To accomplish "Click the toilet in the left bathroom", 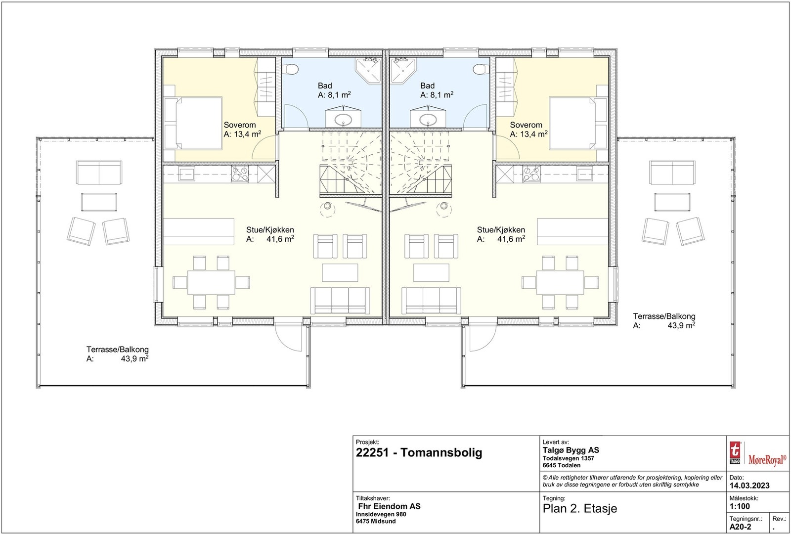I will point(292,69).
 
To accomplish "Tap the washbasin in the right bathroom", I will point(428,119).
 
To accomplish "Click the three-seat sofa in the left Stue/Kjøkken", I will point(340,300).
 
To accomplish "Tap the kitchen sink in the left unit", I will point(188,174).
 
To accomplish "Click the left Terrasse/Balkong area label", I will point(117,350).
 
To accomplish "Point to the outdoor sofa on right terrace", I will point(672,172).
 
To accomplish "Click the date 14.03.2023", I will point(749,486).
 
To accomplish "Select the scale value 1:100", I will point(740,506).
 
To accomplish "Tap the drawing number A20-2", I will point(740,527).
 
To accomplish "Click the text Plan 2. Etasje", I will point(580,508).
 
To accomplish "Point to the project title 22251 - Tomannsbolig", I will point(419,452).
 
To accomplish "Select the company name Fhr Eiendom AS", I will point(389,506).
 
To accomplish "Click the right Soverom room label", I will point(526,125).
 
